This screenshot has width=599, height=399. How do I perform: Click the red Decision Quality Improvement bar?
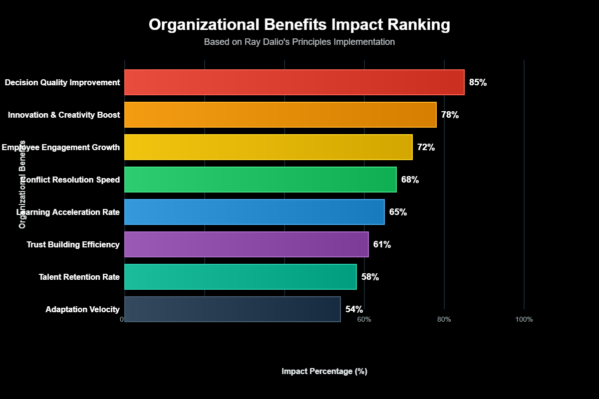295,82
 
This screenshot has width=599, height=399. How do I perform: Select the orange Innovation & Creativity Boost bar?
281,115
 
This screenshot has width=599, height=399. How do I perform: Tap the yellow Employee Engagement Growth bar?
269,147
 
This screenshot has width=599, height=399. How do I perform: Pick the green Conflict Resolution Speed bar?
261,180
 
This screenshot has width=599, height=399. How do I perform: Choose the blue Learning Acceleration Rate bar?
255,212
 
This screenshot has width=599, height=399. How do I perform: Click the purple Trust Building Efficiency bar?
247,244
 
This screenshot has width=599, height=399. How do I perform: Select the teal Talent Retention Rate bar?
241,277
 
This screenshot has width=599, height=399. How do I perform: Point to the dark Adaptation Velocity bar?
233,309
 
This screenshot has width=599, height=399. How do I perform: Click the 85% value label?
478,82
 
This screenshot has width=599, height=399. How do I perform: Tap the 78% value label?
450,115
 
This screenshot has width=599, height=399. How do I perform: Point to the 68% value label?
410,180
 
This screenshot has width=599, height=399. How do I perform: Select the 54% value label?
354,309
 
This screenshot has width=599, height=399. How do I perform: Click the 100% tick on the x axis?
524,319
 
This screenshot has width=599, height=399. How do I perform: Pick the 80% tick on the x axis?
444,319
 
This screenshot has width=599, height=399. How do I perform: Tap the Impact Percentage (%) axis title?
324,372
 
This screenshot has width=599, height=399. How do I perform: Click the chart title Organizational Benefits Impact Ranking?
299,25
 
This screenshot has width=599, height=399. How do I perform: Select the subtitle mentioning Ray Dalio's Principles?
299,42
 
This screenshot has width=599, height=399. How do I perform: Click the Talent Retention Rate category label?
79,277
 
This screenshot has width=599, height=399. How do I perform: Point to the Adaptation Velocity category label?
83,309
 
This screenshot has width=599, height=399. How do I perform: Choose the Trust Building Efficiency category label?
73,244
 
